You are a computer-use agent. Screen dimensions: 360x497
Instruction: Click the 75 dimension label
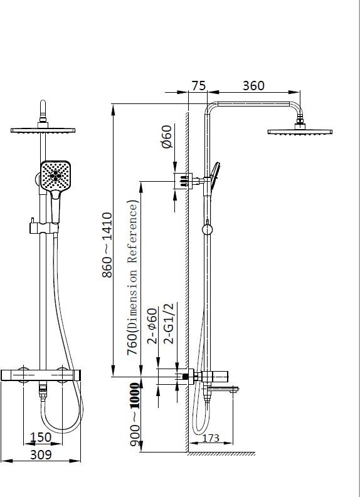[199, 86]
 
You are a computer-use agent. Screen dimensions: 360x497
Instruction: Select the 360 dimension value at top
[253, 86]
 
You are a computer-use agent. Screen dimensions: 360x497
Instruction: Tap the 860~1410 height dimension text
[107, 245]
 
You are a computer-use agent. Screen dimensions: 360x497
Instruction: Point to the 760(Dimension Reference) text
[133, 278]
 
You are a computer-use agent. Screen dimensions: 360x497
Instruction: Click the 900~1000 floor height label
[134, 415]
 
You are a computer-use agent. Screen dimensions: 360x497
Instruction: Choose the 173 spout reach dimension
[211, 437]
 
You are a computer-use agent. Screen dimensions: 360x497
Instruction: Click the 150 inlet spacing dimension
[41, 437]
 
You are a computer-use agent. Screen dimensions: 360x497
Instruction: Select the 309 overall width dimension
[41, 455]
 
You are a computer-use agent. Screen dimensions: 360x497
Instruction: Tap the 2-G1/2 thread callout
[169, 323]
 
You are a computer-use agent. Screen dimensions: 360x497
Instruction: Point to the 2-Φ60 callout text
[152, 326]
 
